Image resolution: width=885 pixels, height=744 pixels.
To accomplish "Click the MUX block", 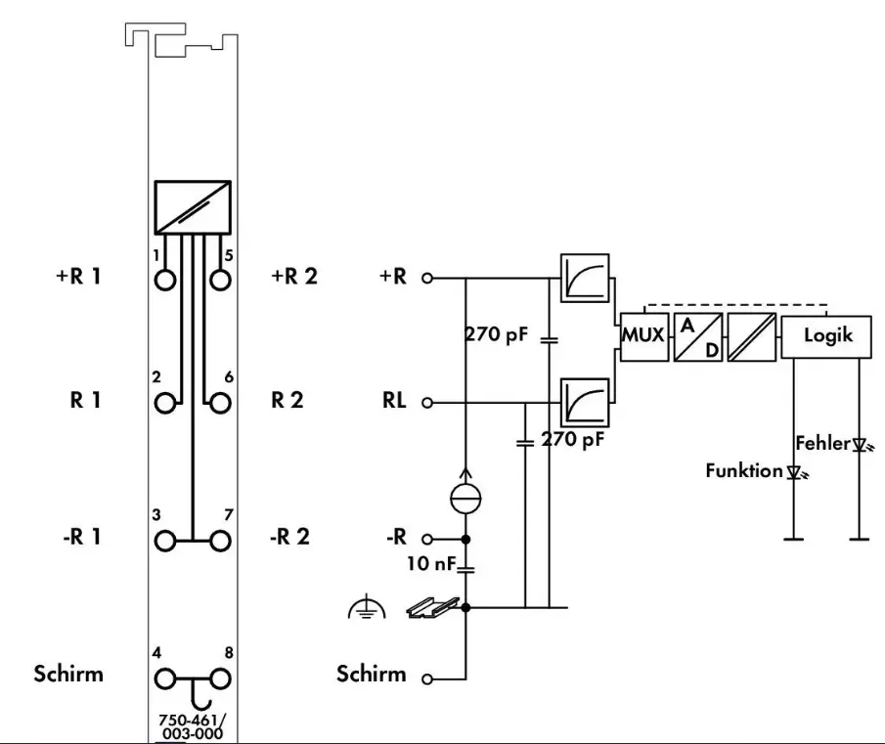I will pyautogui.click(x=643, y=335).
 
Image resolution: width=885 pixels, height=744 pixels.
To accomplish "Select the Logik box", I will pyautogui.click(x=827, y=335).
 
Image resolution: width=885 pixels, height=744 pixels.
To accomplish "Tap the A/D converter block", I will pyautogui.click(x=698, y=335).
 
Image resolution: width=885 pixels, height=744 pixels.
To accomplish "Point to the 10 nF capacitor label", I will pyautogui.click(x=431, y=563).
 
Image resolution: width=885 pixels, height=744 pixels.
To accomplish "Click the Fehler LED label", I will pyautogui.click(x=822, y=443).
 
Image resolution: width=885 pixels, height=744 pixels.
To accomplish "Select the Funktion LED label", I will pyautogui.click(x=744, y=471).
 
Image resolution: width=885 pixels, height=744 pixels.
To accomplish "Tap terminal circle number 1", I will pyautogui.click(x=166, y=279).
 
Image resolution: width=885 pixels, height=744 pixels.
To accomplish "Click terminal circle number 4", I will pyautogui.click(x=166, y=678).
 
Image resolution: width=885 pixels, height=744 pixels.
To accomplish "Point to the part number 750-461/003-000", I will pyautogui.click(x=192, y=727).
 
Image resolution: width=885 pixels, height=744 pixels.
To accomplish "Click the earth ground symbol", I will pyautogui.click(x=363, y=611).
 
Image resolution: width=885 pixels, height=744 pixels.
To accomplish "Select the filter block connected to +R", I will pyautogui.click(x=585, y=278).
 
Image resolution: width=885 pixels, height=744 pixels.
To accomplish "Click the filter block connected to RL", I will pyautogui.click(x=585, y=403).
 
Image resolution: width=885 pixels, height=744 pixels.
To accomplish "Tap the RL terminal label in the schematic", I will pyautogui.click(x=394, y=402).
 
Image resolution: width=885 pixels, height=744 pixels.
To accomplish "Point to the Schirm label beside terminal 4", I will pyautogui.click(x=67, y=674).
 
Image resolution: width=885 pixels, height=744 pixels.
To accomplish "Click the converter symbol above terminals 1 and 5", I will pyautogui.click(x=193, y=205).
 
